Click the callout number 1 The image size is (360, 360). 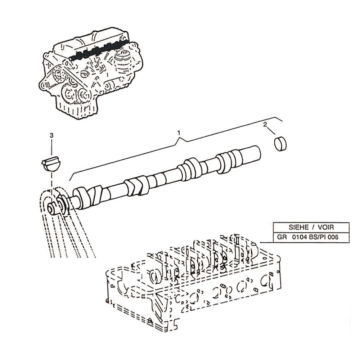[179, 133]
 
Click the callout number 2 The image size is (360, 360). [265, 125]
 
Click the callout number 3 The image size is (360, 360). [51, 135]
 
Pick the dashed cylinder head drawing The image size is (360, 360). [191, 284]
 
